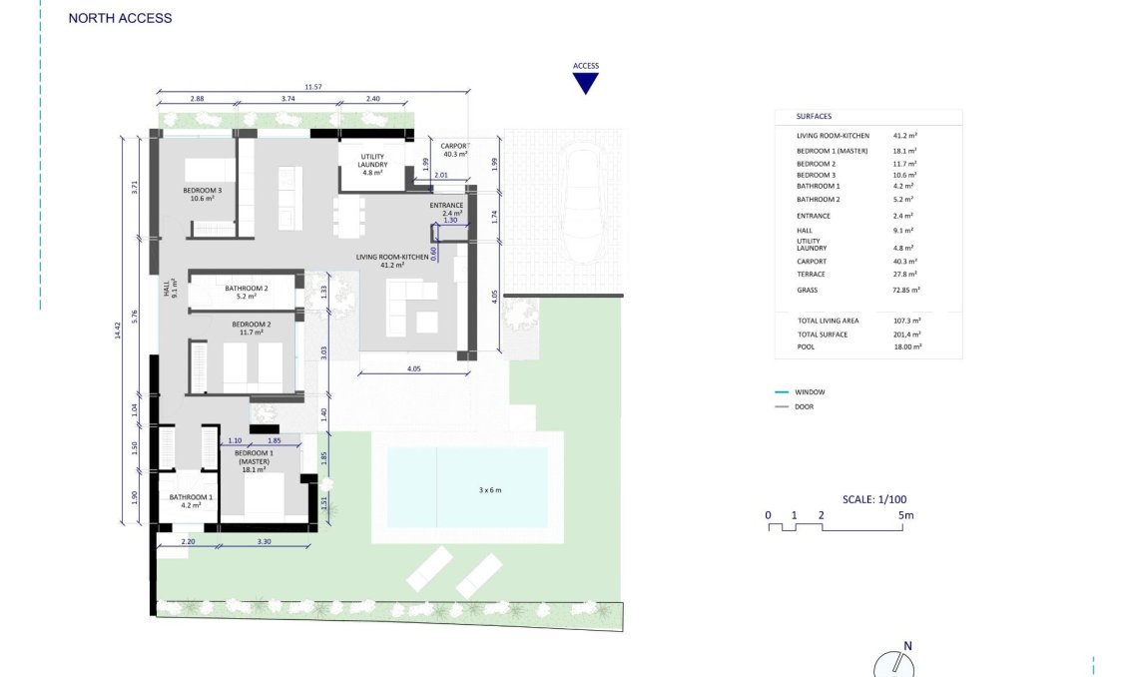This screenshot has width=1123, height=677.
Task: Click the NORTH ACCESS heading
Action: pyautogui.click(x=120, y=18)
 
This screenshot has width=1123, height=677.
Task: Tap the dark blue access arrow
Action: pyautogui.click(x=585, y=83)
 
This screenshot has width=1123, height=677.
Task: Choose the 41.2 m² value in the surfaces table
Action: pyautogui.click(x=905, y=135)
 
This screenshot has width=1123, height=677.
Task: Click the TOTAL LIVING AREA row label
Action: pyautogui.click(x=828, y=321)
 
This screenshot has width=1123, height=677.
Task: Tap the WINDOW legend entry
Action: pyautogui.click(x=810, y=392)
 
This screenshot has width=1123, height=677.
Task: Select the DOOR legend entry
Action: pyautogui.click(x=806, y=406)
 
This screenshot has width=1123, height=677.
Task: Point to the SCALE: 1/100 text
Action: pyautogui.click(x=874, y=499)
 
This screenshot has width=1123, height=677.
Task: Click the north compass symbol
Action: pyautogui.click(x=893, y=665)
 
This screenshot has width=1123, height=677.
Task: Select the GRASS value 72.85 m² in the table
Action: pyautogui.click(x=906, y=290)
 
